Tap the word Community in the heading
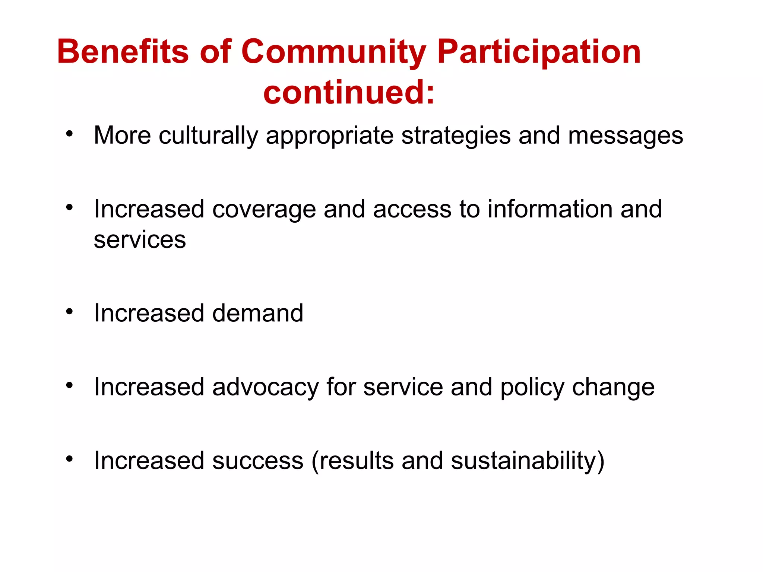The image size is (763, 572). tap(333, 52)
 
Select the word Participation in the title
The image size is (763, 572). tap(539, 52)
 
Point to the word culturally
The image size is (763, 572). tap(208, 136)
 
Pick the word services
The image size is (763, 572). tap(140, 239)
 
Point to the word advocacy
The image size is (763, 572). tap(265, 388)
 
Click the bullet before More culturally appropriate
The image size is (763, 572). tap(69, 134)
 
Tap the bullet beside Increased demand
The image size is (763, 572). tap(69, 312)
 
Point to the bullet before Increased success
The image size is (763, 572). tap(69, 459)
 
